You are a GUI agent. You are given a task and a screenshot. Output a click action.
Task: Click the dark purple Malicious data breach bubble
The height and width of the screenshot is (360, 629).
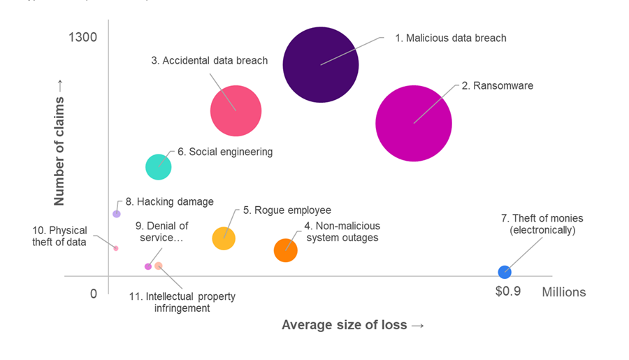click(x=321, y=64)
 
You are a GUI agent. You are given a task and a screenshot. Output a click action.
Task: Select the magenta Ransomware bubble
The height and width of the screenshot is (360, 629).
click(x=414, y=123)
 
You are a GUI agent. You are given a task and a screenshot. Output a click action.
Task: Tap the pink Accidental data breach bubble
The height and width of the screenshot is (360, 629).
click(x=236, y=110)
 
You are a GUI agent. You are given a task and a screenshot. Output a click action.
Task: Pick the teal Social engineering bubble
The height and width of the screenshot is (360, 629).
click(x=159, y=166)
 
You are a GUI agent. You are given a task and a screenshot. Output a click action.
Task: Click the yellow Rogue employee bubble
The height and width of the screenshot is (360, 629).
click(x=224, y=238)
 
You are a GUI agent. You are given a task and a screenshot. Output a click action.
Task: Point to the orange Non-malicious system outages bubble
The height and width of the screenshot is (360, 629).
click(x=285, y=250)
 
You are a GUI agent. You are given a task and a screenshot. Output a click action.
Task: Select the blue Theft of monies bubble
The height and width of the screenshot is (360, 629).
click(x=505, y=272)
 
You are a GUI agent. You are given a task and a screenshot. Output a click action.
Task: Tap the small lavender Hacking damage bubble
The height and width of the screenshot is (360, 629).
click(x=117, y=213)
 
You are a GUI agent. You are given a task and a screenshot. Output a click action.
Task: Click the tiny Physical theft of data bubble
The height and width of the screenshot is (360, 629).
click(x=116, y=248)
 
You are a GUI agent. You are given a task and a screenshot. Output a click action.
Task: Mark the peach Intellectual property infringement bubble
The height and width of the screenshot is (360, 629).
click(x=159, y=266)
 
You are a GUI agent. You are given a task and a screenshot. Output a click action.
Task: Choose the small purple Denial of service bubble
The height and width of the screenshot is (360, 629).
click(x=147, y=266)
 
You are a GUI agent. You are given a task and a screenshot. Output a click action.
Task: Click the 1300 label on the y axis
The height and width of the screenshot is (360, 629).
click(x=82, y=37)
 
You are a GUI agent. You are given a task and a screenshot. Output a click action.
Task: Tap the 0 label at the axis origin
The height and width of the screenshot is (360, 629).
click(x=94, y=294)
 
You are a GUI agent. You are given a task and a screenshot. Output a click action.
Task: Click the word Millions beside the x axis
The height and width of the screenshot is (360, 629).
click(x=563, y=292)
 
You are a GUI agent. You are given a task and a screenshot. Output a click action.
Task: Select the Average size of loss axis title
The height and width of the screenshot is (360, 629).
click(x=353, y=324)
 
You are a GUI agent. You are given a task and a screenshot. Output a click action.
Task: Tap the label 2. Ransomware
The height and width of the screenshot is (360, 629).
click(x=497, y=86)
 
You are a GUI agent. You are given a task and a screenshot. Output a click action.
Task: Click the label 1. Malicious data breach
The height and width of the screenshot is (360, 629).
click(x=451, y=38)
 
